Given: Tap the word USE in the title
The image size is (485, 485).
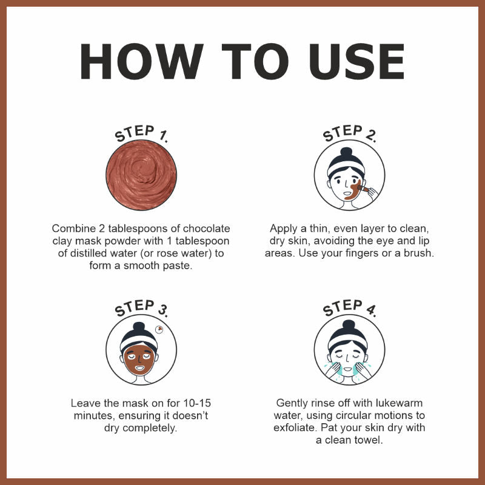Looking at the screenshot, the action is click(356, 61).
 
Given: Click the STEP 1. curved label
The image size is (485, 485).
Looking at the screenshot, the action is click(141, 133).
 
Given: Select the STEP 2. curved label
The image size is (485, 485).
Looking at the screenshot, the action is click(350, 133).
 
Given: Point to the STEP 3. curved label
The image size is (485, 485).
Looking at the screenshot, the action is click(141, 308).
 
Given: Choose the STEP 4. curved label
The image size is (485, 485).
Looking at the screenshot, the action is click(350, 308).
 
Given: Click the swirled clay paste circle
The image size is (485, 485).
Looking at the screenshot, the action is click(141, 175).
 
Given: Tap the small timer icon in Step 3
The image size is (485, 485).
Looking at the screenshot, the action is click(159, 329).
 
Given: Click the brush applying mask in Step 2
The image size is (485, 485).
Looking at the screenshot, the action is click(363, 189).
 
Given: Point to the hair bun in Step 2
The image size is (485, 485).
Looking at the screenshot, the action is click(346, 153).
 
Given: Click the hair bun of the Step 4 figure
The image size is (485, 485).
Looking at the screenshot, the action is click(349, 325).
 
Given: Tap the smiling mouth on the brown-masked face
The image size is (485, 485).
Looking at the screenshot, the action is click(139, 368).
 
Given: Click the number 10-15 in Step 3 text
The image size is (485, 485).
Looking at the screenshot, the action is click(197, 403).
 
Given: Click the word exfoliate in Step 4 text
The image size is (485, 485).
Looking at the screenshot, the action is click(295, 428).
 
